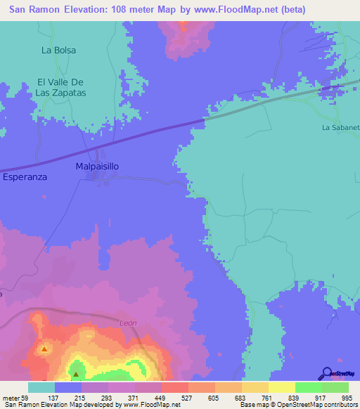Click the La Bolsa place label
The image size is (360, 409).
58,50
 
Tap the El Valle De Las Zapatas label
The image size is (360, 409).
61,87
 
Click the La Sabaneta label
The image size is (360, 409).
341,127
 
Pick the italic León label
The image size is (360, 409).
127,323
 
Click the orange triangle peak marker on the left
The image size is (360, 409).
44,349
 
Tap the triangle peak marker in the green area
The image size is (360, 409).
76,373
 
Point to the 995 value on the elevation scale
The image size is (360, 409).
347,397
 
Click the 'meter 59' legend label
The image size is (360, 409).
15,397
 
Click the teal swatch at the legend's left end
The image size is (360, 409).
41,387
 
